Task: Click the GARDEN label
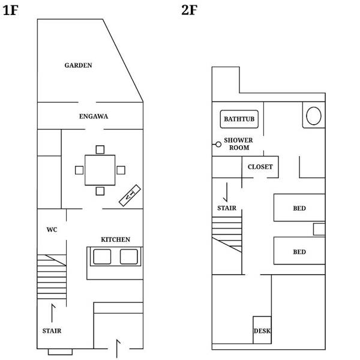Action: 78,65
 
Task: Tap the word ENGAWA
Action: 94,116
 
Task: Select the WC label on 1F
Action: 52,230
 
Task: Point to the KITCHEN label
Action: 115,239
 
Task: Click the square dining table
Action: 100,170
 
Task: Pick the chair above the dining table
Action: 100,149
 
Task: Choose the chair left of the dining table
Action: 79,170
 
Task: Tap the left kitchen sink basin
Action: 102,257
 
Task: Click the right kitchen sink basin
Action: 129,257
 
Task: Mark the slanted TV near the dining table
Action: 130,196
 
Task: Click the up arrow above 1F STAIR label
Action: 53,313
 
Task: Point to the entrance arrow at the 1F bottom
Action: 118,349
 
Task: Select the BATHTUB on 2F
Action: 239,119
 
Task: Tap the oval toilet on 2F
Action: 314,116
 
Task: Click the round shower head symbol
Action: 218,145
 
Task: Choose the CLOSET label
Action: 260,167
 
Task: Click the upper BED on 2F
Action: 299,208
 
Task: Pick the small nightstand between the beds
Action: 319,229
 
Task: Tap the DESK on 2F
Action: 262,330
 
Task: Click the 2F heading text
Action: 189,10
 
